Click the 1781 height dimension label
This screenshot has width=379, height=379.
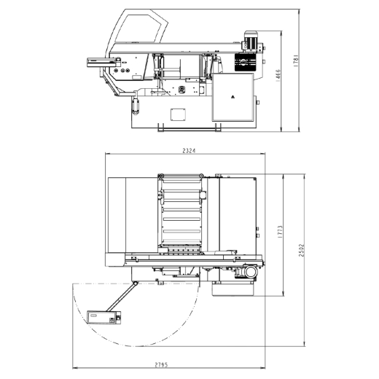point(296,60)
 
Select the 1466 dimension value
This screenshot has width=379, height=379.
point(278,76)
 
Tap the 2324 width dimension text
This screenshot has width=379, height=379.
point(189,151)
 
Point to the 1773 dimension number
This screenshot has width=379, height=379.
point(280,232)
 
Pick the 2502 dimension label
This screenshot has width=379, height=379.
point(301,250)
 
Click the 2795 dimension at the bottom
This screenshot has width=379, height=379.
point(161,364)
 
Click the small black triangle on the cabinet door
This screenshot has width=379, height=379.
point(233,97)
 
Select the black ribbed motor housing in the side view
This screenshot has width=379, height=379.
point(246,62)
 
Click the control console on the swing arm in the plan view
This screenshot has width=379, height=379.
point(103,317)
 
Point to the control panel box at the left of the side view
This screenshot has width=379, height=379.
point(103,62)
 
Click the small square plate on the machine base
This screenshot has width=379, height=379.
point(178,114)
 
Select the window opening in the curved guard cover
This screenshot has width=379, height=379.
point(138,28)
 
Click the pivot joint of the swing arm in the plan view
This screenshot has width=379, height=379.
point(135,284)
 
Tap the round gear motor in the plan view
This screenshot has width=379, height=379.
point(250,272)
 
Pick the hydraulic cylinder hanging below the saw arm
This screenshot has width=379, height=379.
point(136,105)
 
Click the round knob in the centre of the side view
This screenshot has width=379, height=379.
point(181,89)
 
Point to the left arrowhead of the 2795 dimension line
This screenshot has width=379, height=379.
point(74,368)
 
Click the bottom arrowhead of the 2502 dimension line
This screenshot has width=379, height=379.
point(305,345)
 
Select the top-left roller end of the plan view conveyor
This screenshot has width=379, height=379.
point(160,176)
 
